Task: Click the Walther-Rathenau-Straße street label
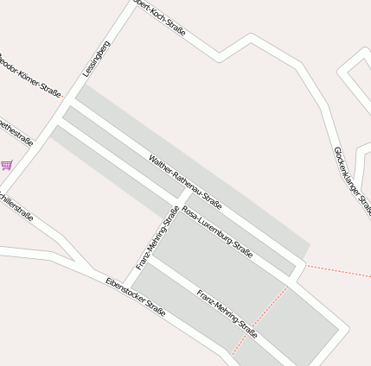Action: click(185, 182)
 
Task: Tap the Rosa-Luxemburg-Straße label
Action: click(217, 232)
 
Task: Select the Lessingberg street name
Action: click(97, 59)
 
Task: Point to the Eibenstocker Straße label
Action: click(136, 295)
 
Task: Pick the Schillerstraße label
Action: click(16, 205)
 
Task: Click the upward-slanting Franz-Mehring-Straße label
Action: click(157, 237)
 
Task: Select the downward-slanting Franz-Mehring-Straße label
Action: click(227, 312)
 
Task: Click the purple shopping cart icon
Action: click(7, 164)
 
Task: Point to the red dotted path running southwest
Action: click(259, 319)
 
